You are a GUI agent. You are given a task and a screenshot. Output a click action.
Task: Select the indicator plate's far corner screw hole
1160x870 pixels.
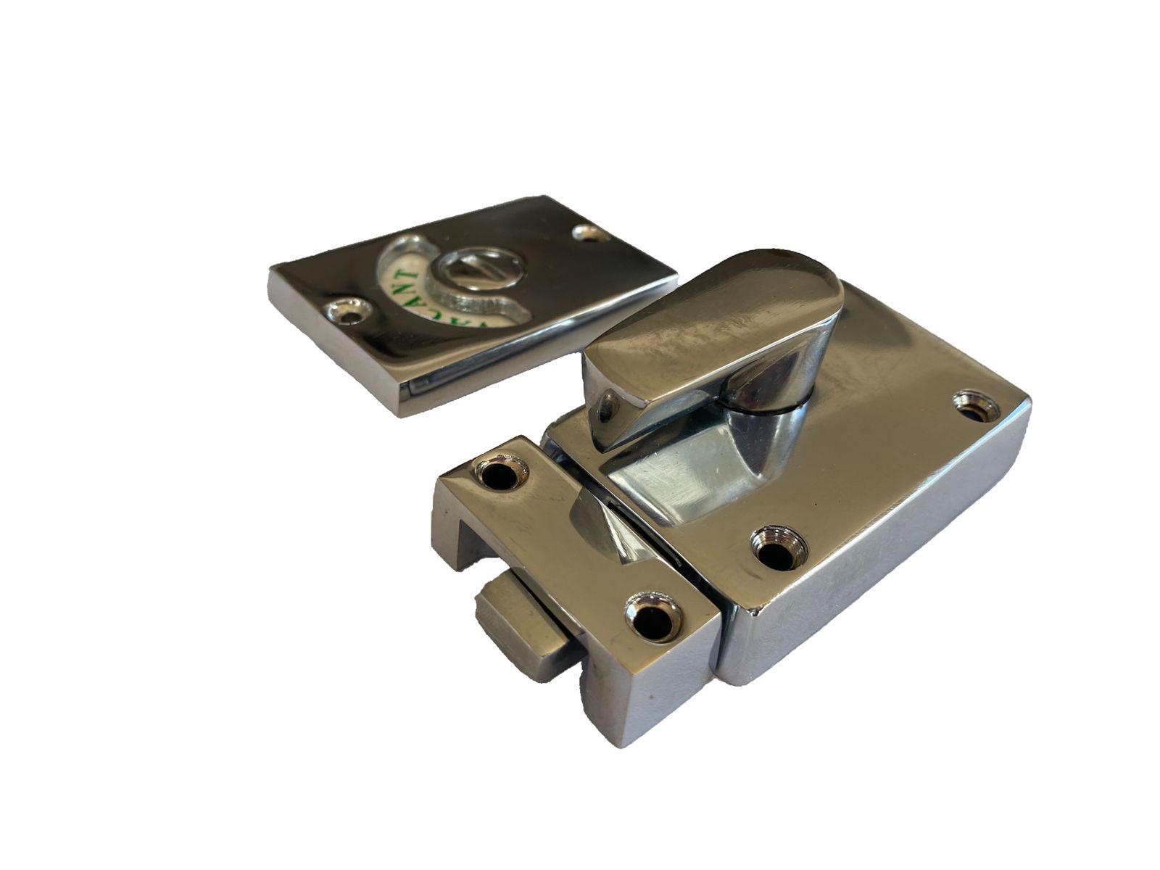(586, 233)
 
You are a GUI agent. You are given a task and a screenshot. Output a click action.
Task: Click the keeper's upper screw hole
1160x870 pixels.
(499, 476)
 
